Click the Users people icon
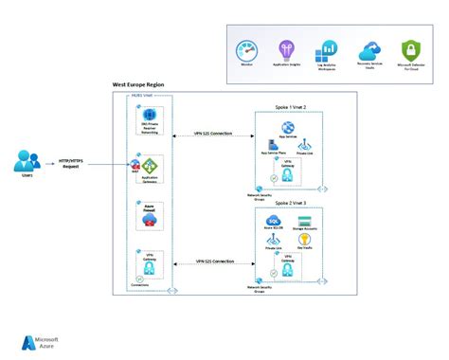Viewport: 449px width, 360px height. (x=27, y=161)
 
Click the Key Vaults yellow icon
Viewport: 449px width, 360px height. (x=305, y=241)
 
